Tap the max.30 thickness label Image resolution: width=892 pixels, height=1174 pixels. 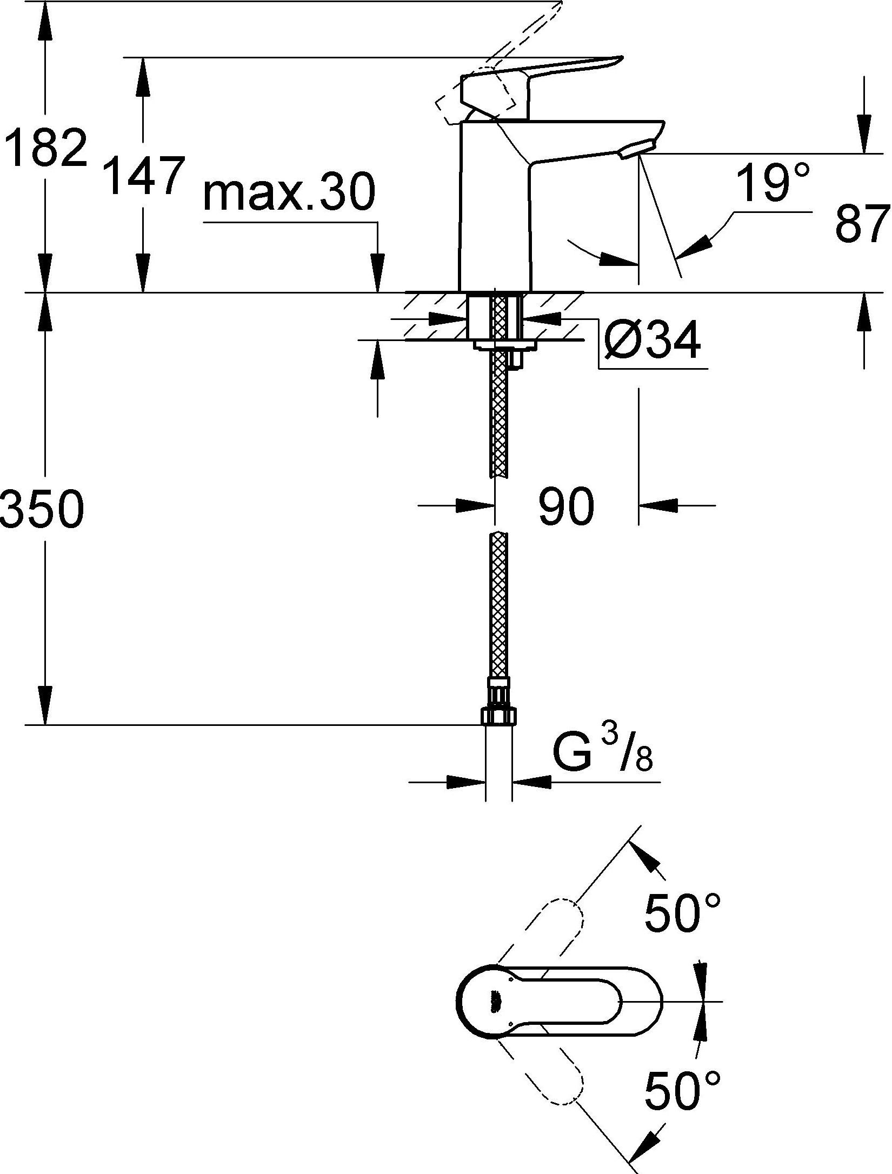click(289, 194)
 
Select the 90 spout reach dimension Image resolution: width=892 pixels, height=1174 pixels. click(565, 507)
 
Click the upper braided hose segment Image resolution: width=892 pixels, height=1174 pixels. click(499, 411)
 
